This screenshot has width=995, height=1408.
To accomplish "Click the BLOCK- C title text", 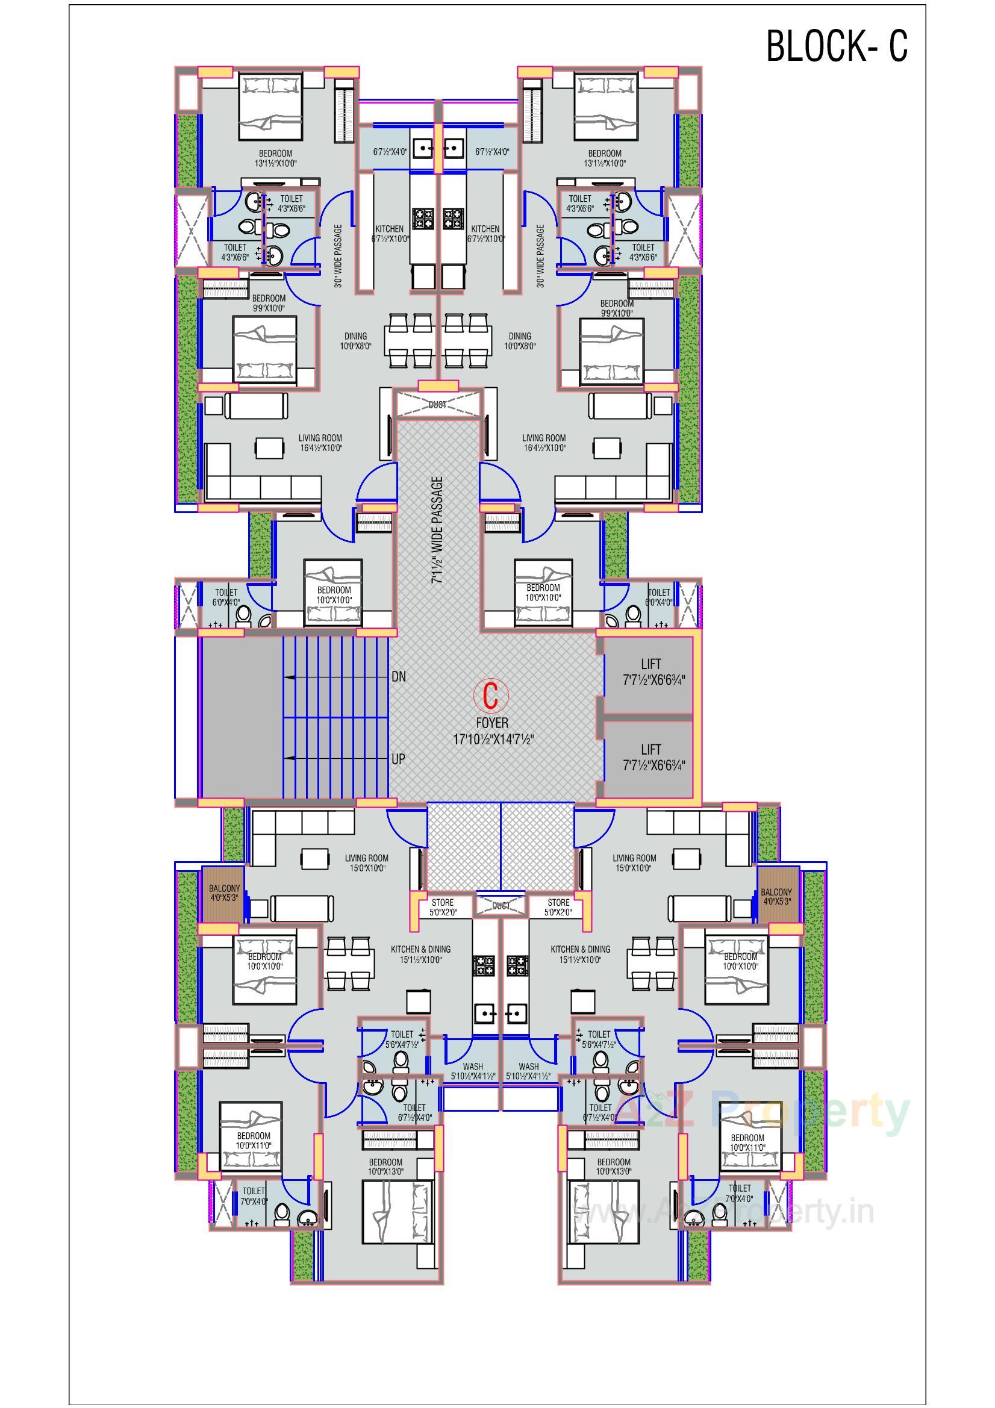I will coord(836,46).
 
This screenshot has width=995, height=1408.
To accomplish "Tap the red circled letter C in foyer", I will coord(491,696).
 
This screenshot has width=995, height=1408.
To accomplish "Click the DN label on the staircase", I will coord(398,677).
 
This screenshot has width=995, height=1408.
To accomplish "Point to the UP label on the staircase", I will coord(398,759).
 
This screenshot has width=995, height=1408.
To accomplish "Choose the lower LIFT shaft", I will coord(650,758).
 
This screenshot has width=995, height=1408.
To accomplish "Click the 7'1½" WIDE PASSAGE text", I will coord(437,529).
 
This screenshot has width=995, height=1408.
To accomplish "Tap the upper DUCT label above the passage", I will coord(437,405).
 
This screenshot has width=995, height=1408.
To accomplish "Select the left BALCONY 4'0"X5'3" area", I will coord(223,894).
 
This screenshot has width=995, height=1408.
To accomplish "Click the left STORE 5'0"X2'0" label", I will coord(441,907).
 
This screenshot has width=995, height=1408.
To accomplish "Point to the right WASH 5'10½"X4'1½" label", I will coord(528,1071).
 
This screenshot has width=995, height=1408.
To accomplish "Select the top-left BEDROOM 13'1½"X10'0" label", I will coord(275,158).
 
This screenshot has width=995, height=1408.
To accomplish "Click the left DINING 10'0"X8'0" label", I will coord(355,340).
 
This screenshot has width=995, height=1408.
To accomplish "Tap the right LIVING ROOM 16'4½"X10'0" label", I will coord(543,443).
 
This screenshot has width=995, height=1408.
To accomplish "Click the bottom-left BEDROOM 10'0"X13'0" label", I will coord(385,1167).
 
